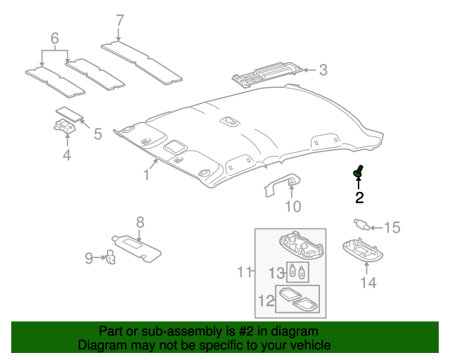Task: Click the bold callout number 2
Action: point(359,198)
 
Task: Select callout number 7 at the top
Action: point(119,20)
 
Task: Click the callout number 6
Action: point(54,37)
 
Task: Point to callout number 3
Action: point(323,70)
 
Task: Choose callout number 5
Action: point(98,133)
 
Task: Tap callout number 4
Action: point(66,155)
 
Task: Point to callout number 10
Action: point(292,206)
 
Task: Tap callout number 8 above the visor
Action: point(140,222)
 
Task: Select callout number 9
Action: point(89,258)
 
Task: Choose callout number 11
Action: point(244,271)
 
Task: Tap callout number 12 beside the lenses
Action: point(264,301)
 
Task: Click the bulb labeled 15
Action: point(362,226)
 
